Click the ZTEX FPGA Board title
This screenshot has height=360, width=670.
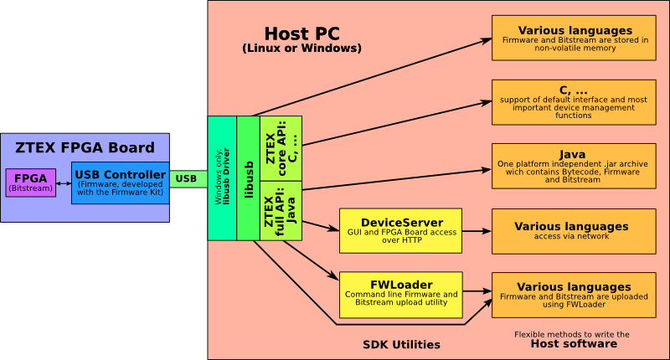(x=85, y=148)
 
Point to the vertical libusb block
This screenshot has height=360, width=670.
(x=248, y=178)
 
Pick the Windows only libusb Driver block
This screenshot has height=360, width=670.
(x=222, y=178)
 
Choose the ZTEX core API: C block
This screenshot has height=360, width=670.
(x=281, y=147)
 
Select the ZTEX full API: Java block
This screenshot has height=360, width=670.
(x=281, y=209)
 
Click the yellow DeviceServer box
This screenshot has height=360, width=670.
(x=400, y=231)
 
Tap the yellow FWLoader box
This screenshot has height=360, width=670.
(x=400, y=294)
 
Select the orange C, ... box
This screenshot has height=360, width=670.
(x=573, y=102)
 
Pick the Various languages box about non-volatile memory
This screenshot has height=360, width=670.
(x=573, y=39)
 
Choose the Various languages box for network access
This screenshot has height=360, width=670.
(x=573, y=231)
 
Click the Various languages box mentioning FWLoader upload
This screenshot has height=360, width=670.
(x=573, y=295)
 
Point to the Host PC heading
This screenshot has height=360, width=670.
(x=301, y=34)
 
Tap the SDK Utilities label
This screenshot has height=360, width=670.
(x=401, y=344)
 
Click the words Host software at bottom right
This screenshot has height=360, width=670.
(x=573, y=343)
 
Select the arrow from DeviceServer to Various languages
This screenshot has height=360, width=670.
(x=477, y=231)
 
